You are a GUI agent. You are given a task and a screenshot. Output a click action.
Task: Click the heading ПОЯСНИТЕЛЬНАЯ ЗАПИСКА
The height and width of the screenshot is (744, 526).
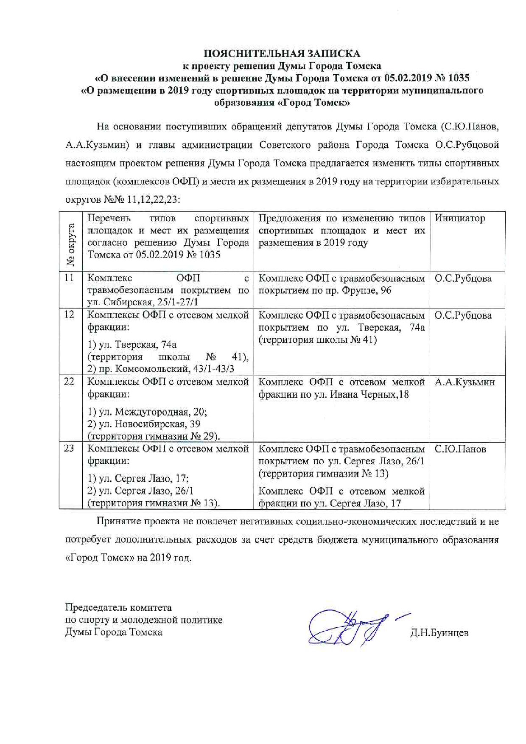[x=282, y=53]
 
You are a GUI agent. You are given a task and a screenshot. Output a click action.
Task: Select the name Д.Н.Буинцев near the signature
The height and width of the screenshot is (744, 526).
[x=439, y=633]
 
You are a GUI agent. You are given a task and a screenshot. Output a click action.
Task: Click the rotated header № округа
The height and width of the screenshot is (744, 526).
[x=71, y=244]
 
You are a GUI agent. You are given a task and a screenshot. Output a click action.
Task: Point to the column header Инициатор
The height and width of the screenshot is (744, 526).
[x=460, y=218]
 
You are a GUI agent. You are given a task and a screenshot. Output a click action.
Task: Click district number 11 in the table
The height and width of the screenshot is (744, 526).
[x=69, y=278]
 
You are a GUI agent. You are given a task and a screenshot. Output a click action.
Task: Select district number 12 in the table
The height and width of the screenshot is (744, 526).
[x=69, y=315]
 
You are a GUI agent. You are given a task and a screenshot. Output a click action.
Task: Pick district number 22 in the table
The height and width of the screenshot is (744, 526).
[x=69, y=382]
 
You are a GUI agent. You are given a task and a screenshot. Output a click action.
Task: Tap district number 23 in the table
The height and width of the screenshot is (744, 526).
[x=69, y=449]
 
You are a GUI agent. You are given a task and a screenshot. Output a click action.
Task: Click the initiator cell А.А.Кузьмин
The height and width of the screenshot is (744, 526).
[x=464, y=382]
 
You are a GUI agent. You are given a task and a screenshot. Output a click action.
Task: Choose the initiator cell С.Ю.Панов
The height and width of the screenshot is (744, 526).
[x=460, y=449]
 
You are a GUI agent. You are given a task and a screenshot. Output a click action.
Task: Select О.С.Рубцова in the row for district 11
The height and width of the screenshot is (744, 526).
[x=463, y=278]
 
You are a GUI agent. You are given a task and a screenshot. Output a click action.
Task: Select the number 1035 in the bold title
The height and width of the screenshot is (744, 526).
[x=458, y=78]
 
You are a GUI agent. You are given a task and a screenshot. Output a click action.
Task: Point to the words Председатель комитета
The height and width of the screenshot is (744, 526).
[x=118, y=608]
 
